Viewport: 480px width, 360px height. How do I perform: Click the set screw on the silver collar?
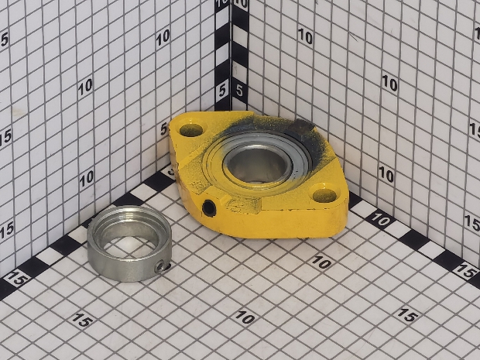coord(160,267)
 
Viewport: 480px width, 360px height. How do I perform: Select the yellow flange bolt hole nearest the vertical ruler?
coord(191,130)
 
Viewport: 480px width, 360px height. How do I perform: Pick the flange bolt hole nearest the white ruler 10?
coord(325,195)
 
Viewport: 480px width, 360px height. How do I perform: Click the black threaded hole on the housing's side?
coord(209,208)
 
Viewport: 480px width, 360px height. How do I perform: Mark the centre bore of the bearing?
coord(257,166)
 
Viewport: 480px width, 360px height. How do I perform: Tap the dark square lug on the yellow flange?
coord(301,126)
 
